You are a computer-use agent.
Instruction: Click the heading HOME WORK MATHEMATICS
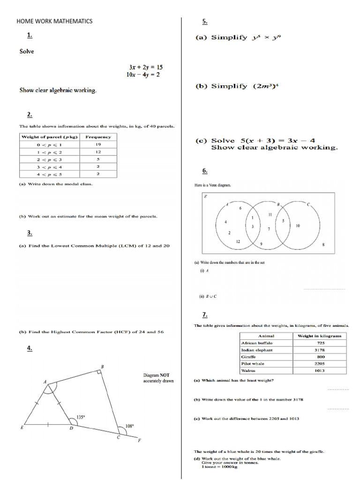pyautogui.click(x=54, y=21)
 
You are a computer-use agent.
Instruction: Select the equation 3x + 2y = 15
pyautogui.click(x=146, y=67)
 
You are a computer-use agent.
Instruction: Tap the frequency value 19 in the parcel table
pyautogui.click(x=98, y=145)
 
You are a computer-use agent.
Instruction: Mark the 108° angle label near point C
pyautogui.click(x=129, y=426)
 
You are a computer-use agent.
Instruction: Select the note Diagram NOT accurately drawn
pyautogui.click(x=158, y=378)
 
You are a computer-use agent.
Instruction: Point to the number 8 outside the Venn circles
pyautogui.click(x=323, y=245)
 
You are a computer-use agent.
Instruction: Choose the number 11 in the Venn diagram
pyautogui.click(x=270, y=214)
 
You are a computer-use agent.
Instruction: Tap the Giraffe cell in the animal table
pyautogui.click(x=248, y=357)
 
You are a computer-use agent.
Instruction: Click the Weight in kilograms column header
pyautogui.click(x=320, y=336)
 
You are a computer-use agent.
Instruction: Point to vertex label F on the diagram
pyautogui.click(x=139, y=440)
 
